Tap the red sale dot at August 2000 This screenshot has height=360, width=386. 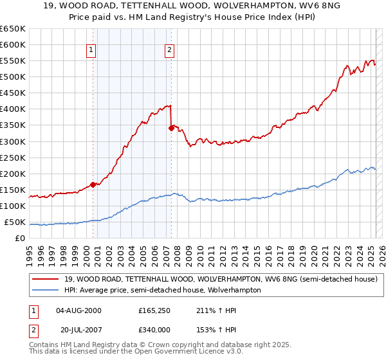click(x=93, y=184)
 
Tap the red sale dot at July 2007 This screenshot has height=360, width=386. click(x=171, y=128)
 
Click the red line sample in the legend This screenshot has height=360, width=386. click(x=46, y=279)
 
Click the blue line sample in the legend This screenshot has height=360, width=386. click(x=46, y=290)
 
